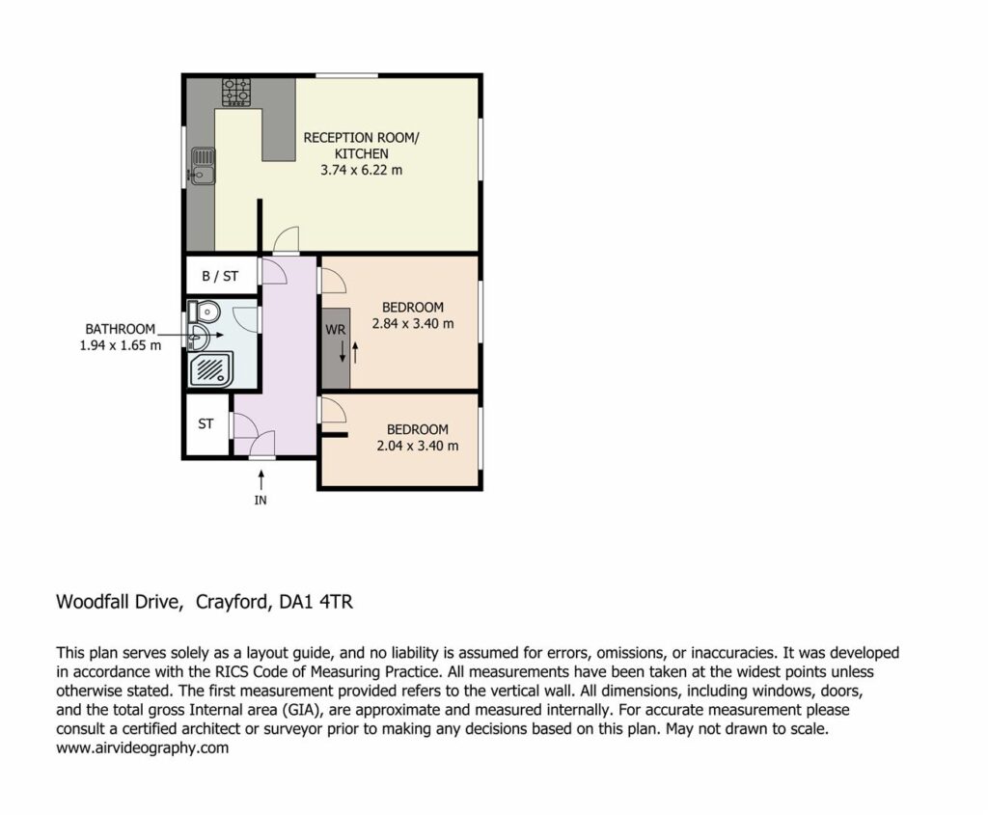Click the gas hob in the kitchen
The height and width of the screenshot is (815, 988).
coord(235,92)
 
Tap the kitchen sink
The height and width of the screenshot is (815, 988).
coord(203,166)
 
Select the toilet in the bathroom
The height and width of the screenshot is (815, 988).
coord(204,312)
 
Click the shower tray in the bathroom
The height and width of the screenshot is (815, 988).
coord(208,369)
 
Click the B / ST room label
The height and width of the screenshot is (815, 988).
coord(220,276)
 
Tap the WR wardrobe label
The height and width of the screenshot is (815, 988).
coord(335,330)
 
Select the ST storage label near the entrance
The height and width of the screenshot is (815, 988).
coord(206,423)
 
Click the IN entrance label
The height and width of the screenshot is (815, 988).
coord(261,500)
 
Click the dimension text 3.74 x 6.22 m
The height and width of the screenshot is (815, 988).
coord(361,170)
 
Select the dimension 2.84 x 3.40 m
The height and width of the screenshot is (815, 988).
coord(413,324)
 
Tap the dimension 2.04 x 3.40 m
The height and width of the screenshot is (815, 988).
coord(417,446)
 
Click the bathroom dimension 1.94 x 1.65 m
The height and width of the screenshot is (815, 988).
coord(121,345)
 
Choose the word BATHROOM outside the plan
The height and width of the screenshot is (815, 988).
coord(120,329)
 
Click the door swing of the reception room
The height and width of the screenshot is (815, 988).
coord(286,239)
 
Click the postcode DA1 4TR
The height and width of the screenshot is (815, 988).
coord(316,602)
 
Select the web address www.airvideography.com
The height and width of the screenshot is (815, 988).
coord(143,748)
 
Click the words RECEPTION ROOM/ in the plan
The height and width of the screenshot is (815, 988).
coord(361,138)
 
